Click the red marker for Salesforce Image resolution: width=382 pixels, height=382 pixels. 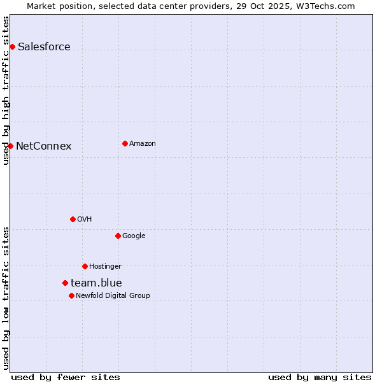click(12, 46)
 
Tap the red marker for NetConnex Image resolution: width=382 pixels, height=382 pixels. click(10, 146)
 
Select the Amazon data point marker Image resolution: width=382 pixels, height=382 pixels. click(125, 143)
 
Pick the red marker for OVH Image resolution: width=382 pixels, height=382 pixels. click(73, 219)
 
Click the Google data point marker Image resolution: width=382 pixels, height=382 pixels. click(118, 236)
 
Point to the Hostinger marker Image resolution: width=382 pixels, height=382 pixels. click(85, 266)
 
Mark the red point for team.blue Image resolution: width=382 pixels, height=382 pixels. click(65, 283)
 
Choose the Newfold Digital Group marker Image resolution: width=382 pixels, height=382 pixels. click(71, 295)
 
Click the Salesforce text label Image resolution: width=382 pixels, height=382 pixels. click(44, 46)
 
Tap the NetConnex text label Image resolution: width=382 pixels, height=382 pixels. click(43, 146)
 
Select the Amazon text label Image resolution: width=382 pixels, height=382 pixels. click(143, 143)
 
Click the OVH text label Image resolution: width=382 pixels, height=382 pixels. click(85, 219)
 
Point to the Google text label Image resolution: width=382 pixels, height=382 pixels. click(134, 236)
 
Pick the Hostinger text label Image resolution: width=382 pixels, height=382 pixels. click(105, 266)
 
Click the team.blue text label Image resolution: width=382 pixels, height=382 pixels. click(96, 283)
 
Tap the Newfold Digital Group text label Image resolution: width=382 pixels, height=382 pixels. click(113, 295)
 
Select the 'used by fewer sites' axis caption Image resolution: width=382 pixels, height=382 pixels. click(66, 377)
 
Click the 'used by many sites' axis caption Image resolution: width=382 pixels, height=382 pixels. click(320, 377)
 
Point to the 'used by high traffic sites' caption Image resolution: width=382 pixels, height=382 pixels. click(6, 90)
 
